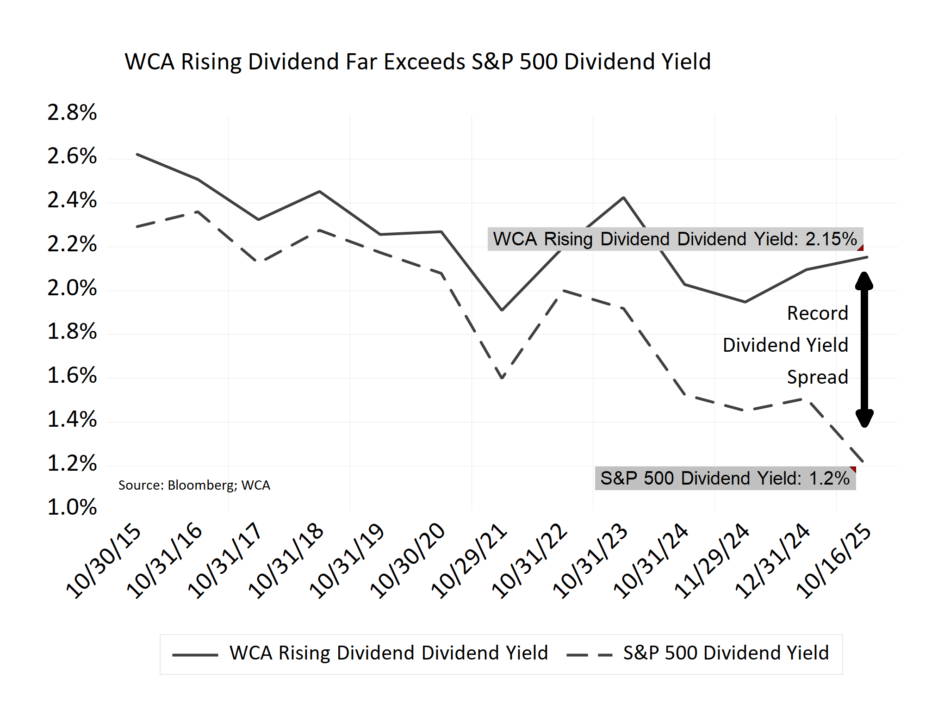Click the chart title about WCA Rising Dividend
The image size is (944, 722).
[417, 62]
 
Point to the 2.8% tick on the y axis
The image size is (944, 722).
[72, 112]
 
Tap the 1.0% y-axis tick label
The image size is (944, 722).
[72, 507]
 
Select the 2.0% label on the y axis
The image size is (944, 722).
[72, 288]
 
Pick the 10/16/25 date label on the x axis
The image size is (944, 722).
[833, 561]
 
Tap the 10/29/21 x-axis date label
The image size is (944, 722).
[469, 561]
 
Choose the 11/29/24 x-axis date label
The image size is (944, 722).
[712, 561]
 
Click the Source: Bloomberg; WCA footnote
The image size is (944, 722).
[194, 485]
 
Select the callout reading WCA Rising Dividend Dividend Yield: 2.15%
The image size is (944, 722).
[675, 239]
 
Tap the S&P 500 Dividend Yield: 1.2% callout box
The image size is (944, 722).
[725, 478]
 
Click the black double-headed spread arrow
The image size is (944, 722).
[864, 349]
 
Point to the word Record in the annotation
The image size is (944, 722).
[818, 313]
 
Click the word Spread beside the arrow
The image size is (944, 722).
[818, 377]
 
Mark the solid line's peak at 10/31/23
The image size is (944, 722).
[624, 198]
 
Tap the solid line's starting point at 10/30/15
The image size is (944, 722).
[137, 154]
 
